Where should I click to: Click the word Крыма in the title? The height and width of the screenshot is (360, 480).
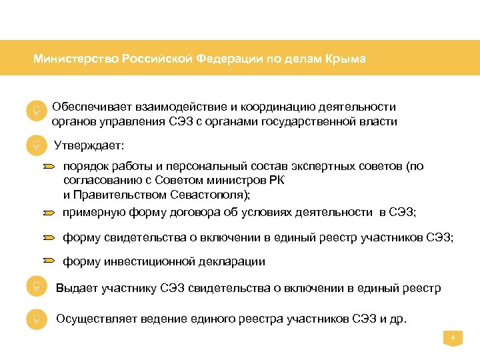[345, 59]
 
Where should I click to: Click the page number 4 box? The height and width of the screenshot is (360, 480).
[453, 339]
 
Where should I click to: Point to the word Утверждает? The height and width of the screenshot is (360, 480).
[89, 145]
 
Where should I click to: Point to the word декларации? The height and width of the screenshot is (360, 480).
[231, 262]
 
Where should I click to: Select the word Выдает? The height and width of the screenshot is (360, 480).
[77, 288]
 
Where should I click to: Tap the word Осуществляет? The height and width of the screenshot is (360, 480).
[93, 319]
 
